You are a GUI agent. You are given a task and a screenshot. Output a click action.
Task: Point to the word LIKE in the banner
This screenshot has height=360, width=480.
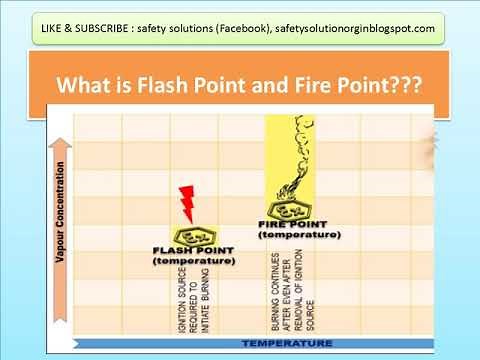(58, 28)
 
